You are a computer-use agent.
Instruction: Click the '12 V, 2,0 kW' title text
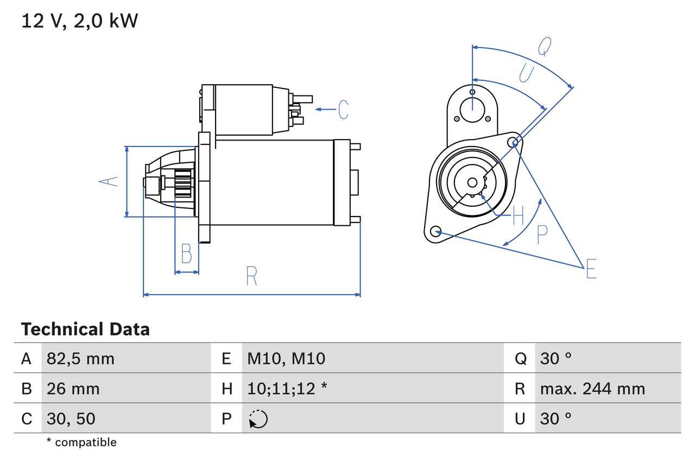tap(80, 21)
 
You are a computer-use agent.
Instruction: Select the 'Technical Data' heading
tap(85, 329)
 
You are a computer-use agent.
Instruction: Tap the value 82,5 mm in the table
tap(80, 358)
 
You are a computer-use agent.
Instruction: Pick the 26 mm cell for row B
tap(73, 389)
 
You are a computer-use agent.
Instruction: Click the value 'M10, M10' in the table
tap(286, 358)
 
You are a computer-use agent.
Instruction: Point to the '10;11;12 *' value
tap(287, 389)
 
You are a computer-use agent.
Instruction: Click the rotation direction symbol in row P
tap(258, 419)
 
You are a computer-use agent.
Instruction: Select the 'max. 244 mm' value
tap(592, 389)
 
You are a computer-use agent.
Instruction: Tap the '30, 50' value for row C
tap(71, 418)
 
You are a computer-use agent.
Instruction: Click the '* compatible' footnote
tap(81, 442)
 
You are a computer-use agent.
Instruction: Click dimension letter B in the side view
tap(186, 253)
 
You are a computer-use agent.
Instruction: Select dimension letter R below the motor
tap(251, 276)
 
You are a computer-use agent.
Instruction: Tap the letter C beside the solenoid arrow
tap(343, 110)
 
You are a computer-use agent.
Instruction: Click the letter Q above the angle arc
tap(545, 47)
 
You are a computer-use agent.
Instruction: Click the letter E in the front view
tap(591, 269)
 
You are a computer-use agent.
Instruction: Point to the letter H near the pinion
tap(518, 215)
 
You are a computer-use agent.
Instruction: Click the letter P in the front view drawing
tap(542, 234)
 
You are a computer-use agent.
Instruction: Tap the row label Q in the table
tap(520, 358)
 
